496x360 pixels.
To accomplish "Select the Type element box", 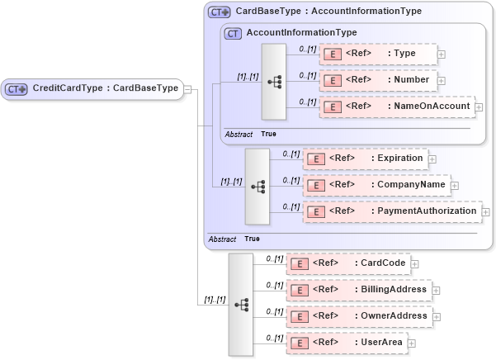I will coord(379,54).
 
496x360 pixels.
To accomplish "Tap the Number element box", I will coord(379,81).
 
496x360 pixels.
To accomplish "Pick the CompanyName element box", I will coord(376,185).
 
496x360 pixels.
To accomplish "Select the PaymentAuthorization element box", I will coord(391,211).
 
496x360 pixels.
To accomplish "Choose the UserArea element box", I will coord(346,343).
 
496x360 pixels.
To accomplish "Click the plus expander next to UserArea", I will coord(411,343).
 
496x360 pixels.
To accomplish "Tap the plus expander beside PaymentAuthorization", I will coord(485,212).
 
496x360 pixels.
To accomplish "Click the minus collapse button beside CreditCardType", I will coord(188,89).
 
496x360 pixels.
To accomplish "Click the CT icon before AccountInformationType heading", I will coord(234,34).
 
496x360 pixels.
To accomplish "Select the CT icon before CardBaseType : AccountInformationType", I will coord(219,12).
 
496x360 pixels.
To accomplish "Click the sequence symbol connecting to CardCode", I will coord(241,304).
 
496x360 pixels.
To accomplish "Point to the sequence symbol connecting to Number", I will coord(274,82).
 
